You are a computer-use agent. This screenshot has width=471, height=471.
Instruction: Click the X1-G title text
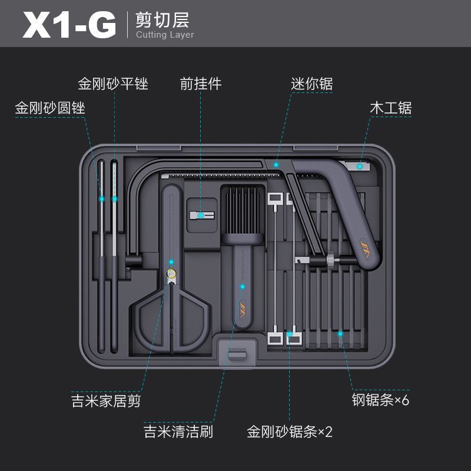click(x=69, y=25)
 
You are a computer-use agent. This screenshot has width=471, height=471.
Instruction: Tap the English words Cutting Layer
click(x=164, y=35)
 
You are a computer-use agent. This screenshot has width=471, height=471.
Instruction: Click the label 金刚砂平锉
click(x=112, y=84)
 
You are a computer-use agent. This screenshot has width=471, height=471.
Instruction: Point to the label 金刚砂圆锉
click(x=50, y=108)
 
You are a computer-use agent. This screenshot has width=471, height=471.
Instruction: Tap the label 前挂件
click(x=201, y=84)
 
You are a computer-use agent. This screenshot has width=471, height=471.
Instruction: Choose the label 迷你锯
click(x=311, y=84)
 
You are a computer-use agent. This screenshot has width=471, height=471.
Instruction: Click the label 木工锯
click(x=390, y=108)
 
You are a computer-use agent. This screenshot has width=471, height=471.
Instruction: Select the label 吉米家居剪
click(x=106, y=402)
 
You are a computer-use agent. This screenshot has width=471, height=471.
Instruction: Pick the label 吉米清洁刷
click(x=178, y=432)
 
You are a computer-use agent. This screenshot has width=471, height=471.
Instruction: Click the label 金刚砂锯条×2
click(x=290, y=432)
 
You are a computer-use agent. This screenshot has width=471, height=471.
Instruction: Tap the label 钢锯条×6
click(x=380, y=400)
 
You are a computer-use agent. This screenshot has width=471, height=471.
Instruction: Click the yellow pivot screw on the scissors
click(x=171, y=273)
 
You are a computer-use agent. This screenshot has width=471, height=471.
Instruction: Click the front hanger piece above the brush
click(x=200, y=215)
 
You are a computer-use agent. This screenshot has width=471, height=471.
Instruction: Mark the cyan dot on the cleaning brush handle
click(x=242, y=287)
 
